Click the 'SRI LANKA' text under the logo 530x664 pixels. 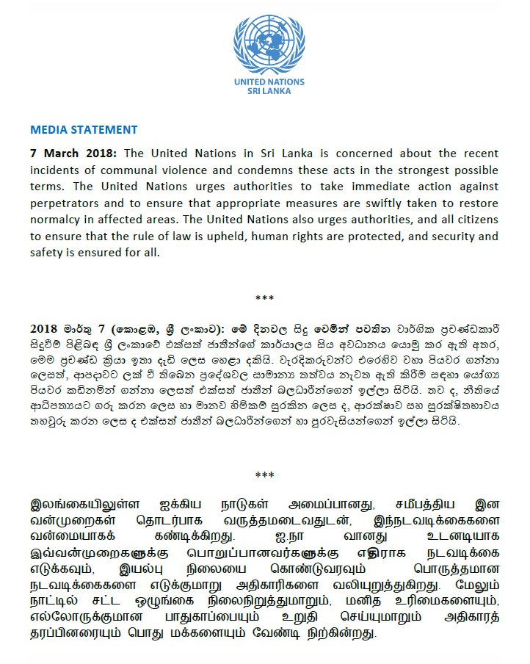[269, 92]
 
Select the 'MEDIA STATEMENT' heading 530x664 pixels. [84, 130]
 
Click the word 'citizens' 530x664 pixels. [474, 220]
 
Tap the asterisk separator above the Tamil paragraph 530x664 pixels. [264, 476]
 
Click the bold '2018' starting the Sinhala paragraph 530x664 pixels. [44, 328]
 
